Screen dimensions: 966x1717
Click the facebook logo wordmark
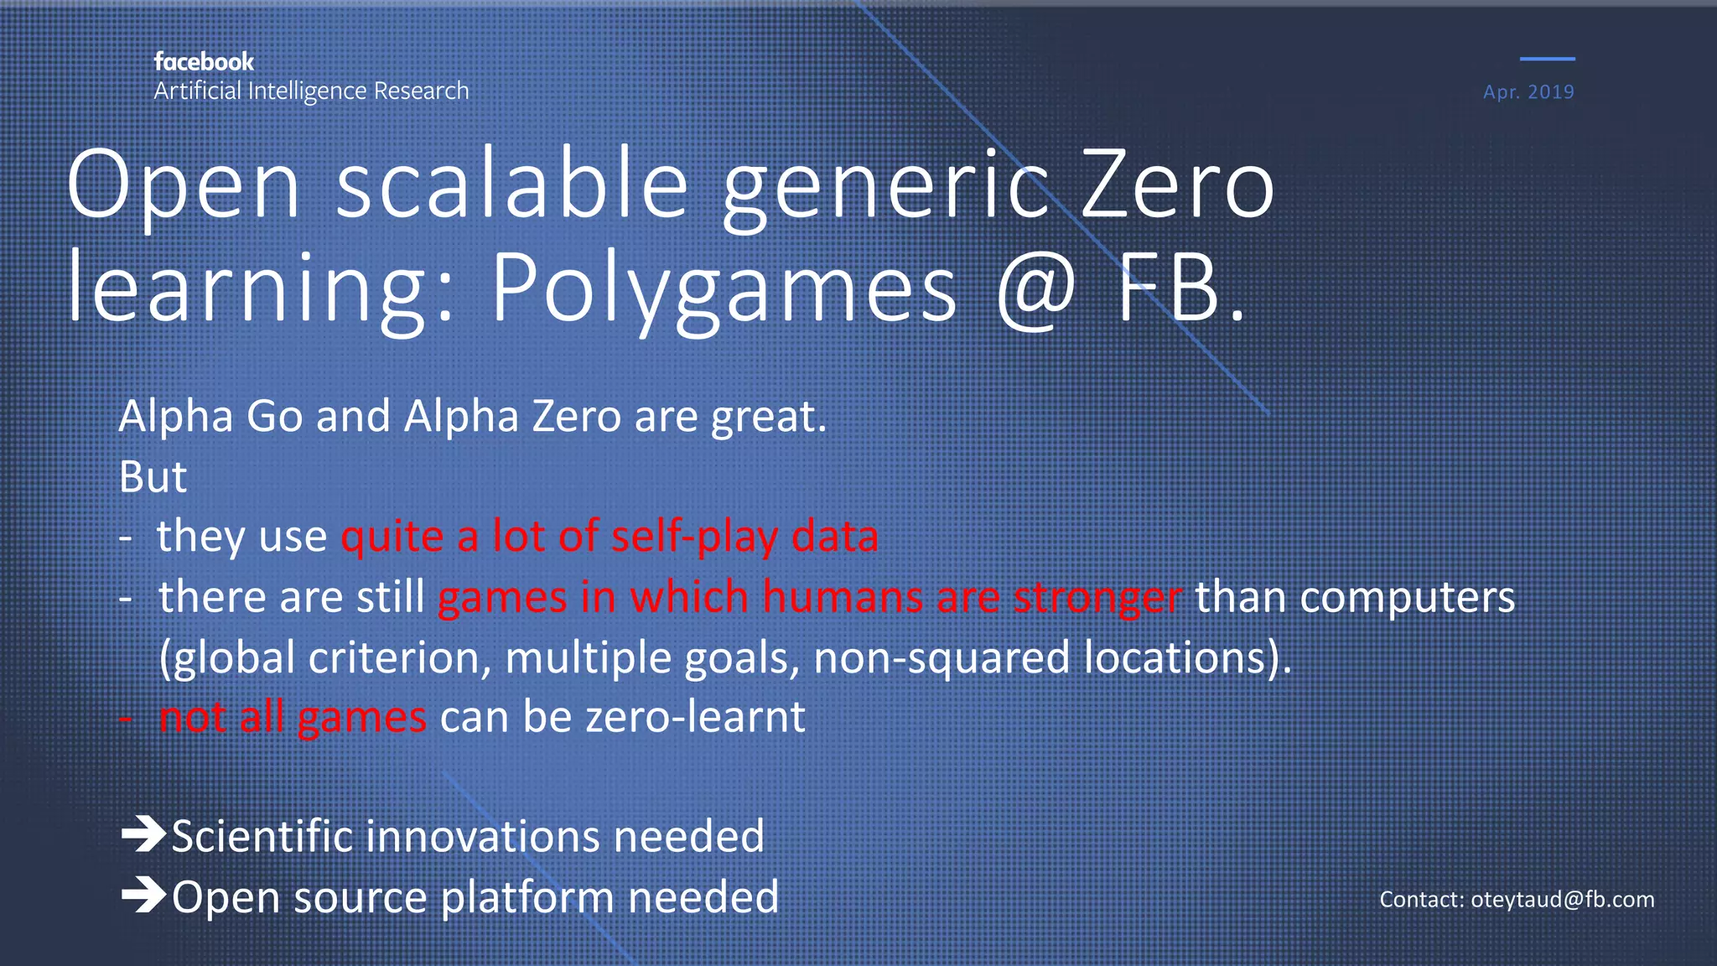204,62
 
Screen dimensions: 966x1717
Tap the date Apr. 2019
1528,92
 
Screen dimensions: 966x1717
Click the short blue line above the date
1547,59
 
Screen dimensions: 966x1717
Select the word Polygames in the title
723,289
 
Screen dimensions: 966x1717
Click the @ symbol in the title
1036,289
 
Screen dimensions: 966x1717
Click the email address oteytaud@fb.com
1562,900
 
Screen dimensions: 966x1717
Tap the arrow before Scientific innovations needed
143,835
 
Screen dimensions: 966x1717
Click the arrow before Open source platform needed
143,896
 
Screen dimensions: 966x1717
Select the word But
153,477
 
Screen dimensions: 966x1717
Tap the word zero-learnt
695,718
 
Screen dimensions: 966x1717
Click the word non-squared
941,657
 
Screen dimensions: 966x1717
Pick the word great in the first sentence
763,418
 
